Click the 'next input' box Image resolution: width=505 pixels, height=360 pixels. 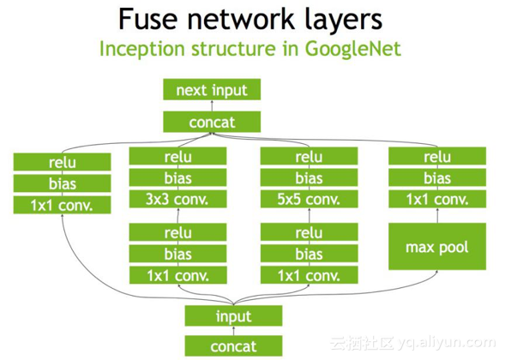point(211,90)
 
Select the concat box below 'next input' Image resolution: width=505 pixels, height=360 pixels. point(211,122)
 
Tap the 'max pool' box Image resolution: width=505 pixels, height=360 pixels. point(437,247)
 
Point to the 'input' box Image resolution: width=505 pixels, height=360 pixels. point(233,316)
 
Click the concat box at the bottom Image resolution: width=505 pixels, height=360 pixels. point(233,345)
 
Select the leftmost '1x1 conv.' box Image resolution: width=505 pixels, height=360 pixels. point(63,206)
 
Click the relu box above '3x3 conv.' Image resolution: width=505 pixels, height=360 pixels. point(177,157)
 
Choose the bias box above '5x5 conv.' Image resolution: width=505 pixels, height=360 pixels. point(308,179)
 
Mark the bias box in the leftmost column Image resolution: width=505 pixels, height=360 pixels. point(63,183)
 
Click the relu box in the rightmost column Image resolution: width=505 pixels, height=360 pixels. point(437,157)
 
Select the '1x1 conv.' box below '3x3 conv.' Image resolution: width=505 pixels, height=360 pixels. point(177,275)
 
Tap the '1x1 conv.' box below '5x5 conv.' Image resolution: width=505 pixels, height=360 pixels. point(308,275)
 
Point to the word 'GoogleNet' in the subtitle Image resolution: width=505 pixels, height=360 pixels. point(353,48)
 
